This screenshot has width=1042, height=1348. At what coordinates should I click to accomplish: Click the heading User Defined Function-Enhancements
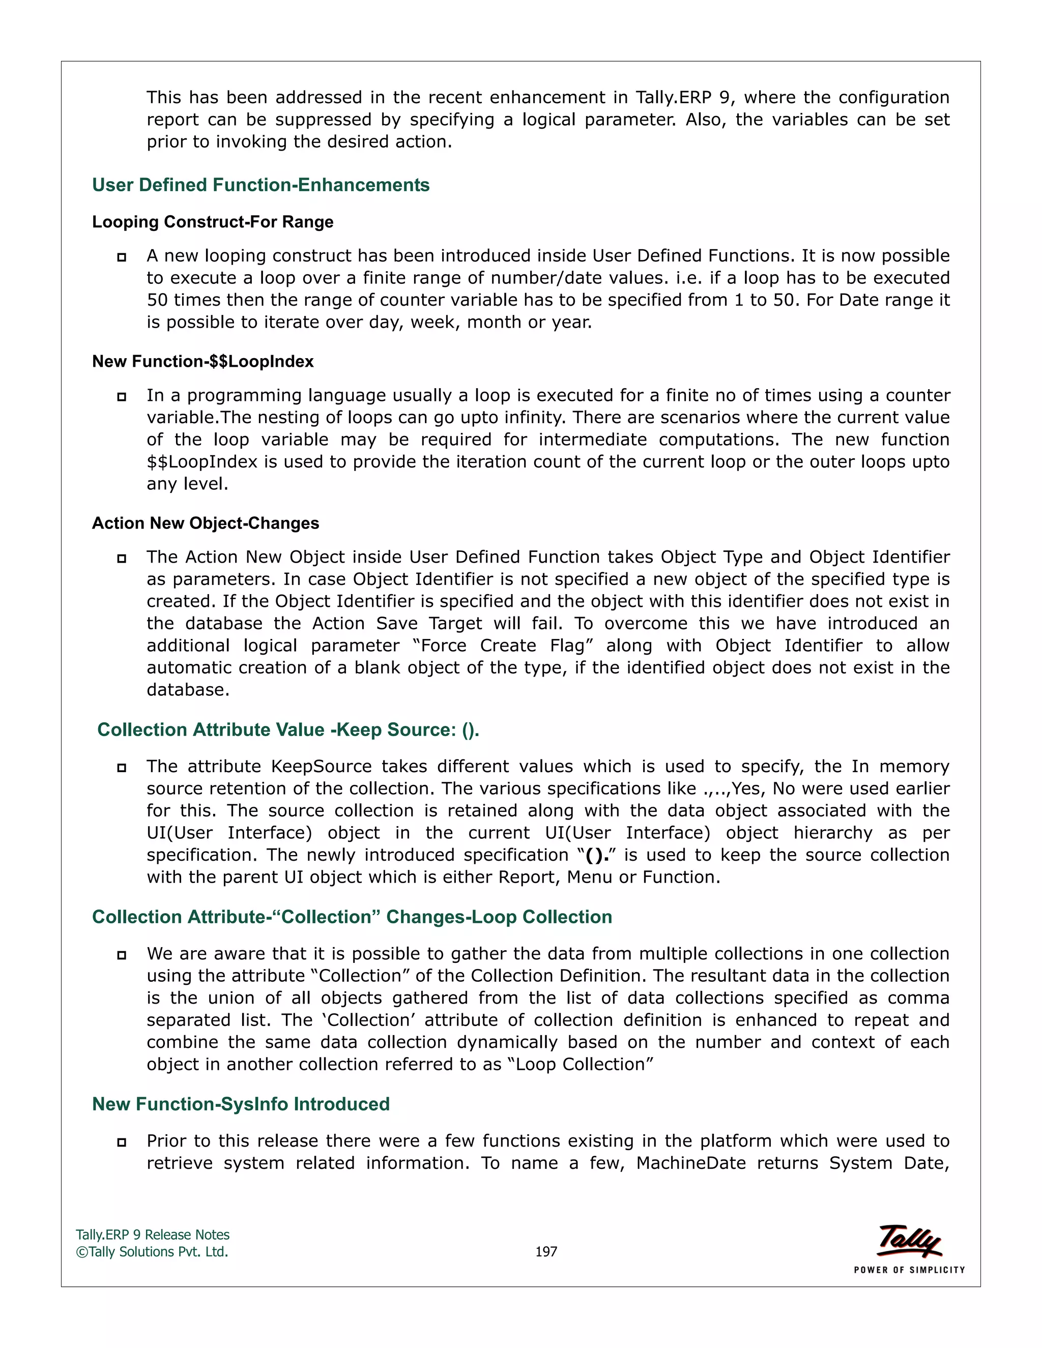pos(260,185)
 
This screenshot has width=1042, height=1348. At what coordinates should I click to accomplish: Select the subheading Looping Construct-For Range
pos(212,222)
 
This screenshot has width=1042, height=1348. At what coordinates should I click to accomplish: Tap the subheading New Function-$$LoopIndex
pos(202,361)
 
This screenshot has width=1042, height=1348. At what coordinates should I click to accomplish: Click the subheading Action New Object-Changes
pos(206,523)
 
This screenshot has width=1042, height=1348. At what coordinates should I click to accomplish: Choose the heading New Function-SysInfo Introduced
pos(241,1104)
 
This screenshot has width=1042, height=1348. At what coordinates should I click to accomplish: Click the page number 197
pos(546,1252)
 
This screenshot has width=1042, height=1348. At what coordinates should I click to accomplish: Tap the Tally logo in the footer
pos(909,1241)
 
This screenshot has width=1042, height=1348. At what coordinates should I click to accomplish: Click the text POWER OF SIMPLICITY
pos(909,1270)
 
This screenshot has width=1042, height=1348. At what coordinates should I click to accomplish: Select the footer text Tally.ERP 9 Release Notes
pos(153,1235)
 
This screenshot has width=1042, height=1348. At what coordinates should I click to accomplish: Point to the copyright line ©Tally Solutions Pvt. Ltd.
pos(152,1252)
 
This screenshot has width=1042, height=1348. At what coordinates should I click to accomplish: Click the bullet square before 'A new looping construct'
pos(122,257)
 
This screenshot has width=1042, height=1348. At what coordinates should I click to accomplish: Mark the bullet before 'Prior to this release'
pos(122,1142)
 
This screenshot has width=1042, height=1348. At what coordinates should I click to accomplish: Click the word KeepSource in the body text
pos(321,766)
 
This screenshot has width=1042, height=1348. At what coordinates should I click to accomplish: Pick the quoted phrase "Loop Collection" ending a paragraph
pos(580,1064)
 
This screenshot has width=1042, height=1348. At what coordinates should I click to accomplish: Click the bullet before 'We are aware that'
pos(122,955)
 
